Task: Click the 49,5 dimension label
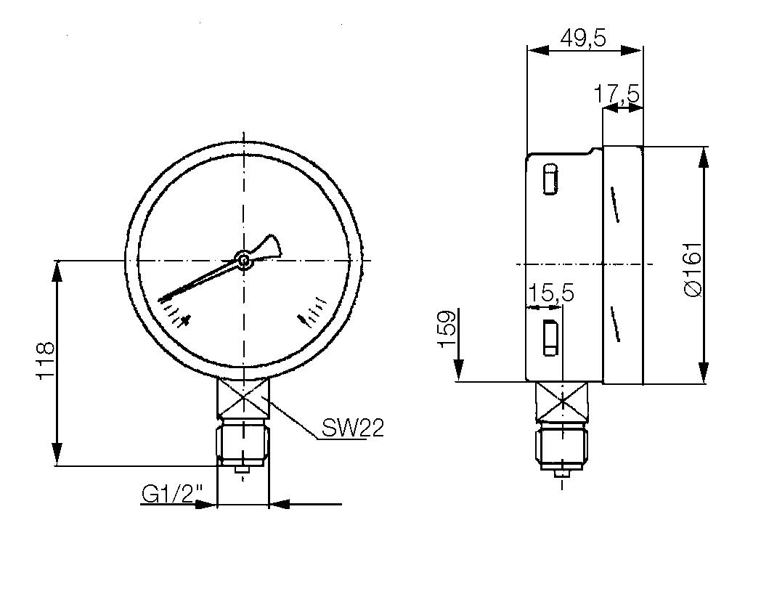pos(583,37)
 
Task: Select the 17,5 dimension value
pos(616,94)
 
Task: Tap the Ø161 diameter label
pos(693,269)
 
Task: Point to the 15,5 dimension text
pos(551,293)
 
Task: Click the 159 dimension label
pos(447,329)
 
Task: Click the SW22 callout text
pos(352,428)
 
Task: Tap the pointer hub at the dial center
pos(243,259)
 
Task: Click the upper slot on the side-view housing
pos(550,179)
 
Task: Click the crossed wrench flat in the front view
pos(243,399)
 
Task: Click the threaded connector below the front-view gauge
pos(243,444)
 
